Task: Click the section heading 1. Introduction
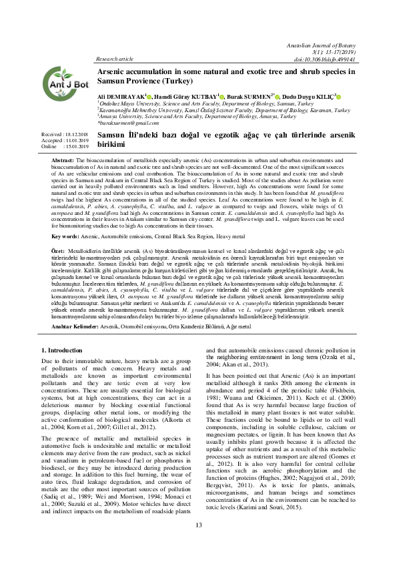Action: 63,350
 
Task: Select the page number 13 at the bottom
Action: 198,544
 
